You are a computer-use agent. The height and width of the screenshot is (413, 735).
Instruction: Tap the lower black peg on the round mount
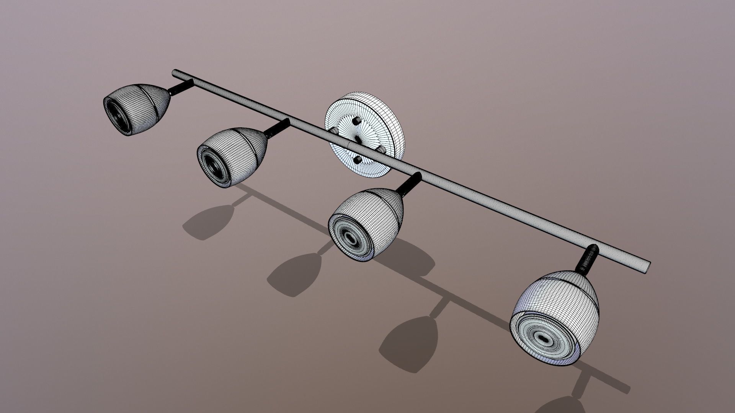tap(357, 160)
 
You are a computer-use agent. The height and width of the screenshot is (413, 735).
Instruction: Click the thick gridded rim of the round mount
tap(390, 122)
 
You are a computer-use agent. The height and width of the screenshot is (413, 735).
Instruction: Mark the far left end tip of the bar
tap(175, 72)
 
